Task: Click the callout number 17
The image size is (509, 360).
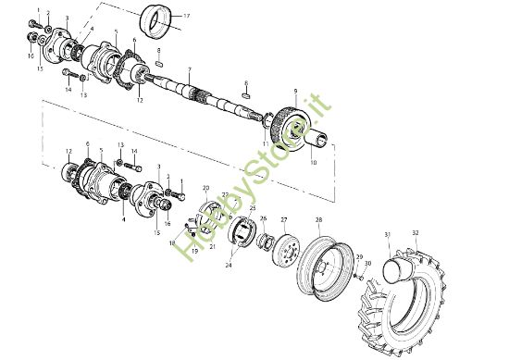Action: click(186, 17)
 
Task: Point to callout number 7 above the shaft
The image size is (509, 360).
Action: click(189, 69)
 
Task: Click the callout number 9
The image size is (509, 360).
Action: click(294, 91)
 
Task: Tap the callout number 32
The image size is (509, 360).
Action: click(416, 232)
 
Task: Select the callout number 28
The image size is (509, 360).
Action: click(318, 220)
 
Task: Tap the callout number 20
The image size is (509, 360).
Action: click(205, 188)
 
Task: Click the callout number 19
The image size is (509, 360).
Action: click(194, 251)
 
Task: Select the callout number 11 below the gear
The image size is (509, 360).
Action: click(265, 144)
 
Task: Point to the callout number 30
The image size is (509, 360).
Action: click(368, 265)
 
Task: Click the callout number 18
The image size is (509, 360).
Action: click(171, 242)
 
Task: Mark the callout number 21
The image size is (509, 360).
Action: click(214, 247)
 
